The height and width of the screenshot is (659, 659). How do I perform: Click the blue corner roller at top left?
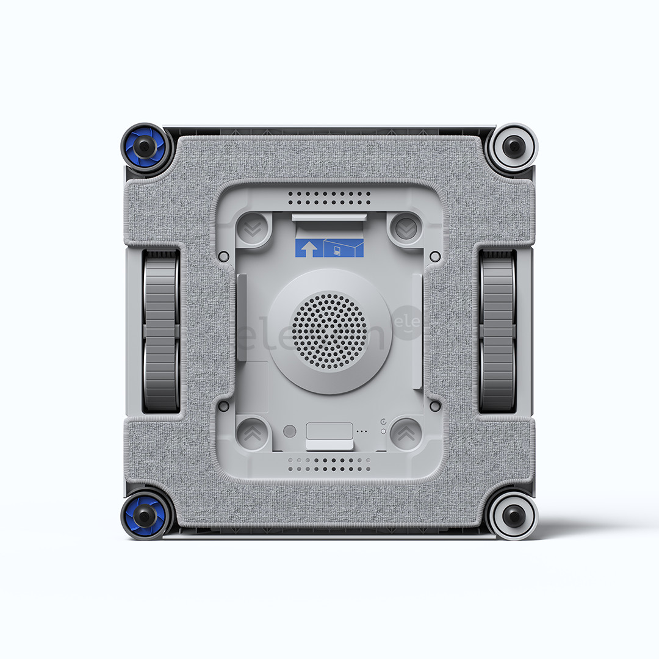pos(144,146)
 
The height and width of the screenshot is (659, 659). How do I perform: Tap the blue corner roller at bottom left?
pos(144,516)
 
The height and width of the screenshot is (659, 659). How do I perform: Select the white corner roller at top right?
pos(514,146)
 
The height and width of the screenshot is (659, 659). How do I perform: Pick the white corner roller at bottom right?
pos(514,516)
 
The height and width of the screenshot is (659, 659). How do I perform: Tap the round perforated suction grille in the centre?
pos(329,331)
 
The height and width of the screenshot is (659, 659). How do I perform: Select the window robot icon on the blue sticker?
pos(344,248)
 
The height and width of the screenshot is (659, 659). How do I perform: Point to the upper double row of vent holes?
pos(329,197)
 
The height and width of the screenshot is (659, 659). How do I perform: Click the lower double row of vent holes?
pos(329,465)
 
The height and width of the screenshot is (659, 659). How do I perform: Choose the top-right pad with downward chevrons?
pos(405,228)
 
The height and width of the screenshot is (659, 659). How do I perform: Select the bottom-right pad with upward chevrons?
pos(405,434)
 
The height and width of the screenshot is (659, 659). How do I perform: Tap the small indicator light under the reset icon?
pos(383,431)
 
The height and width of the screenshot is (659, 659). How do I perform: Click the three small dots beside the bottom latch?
pos(362,431)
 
